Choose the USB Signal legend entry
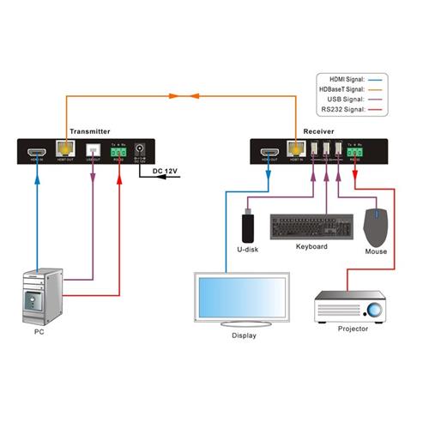point(345,100)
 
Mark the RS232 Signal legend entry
point(342,111)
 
